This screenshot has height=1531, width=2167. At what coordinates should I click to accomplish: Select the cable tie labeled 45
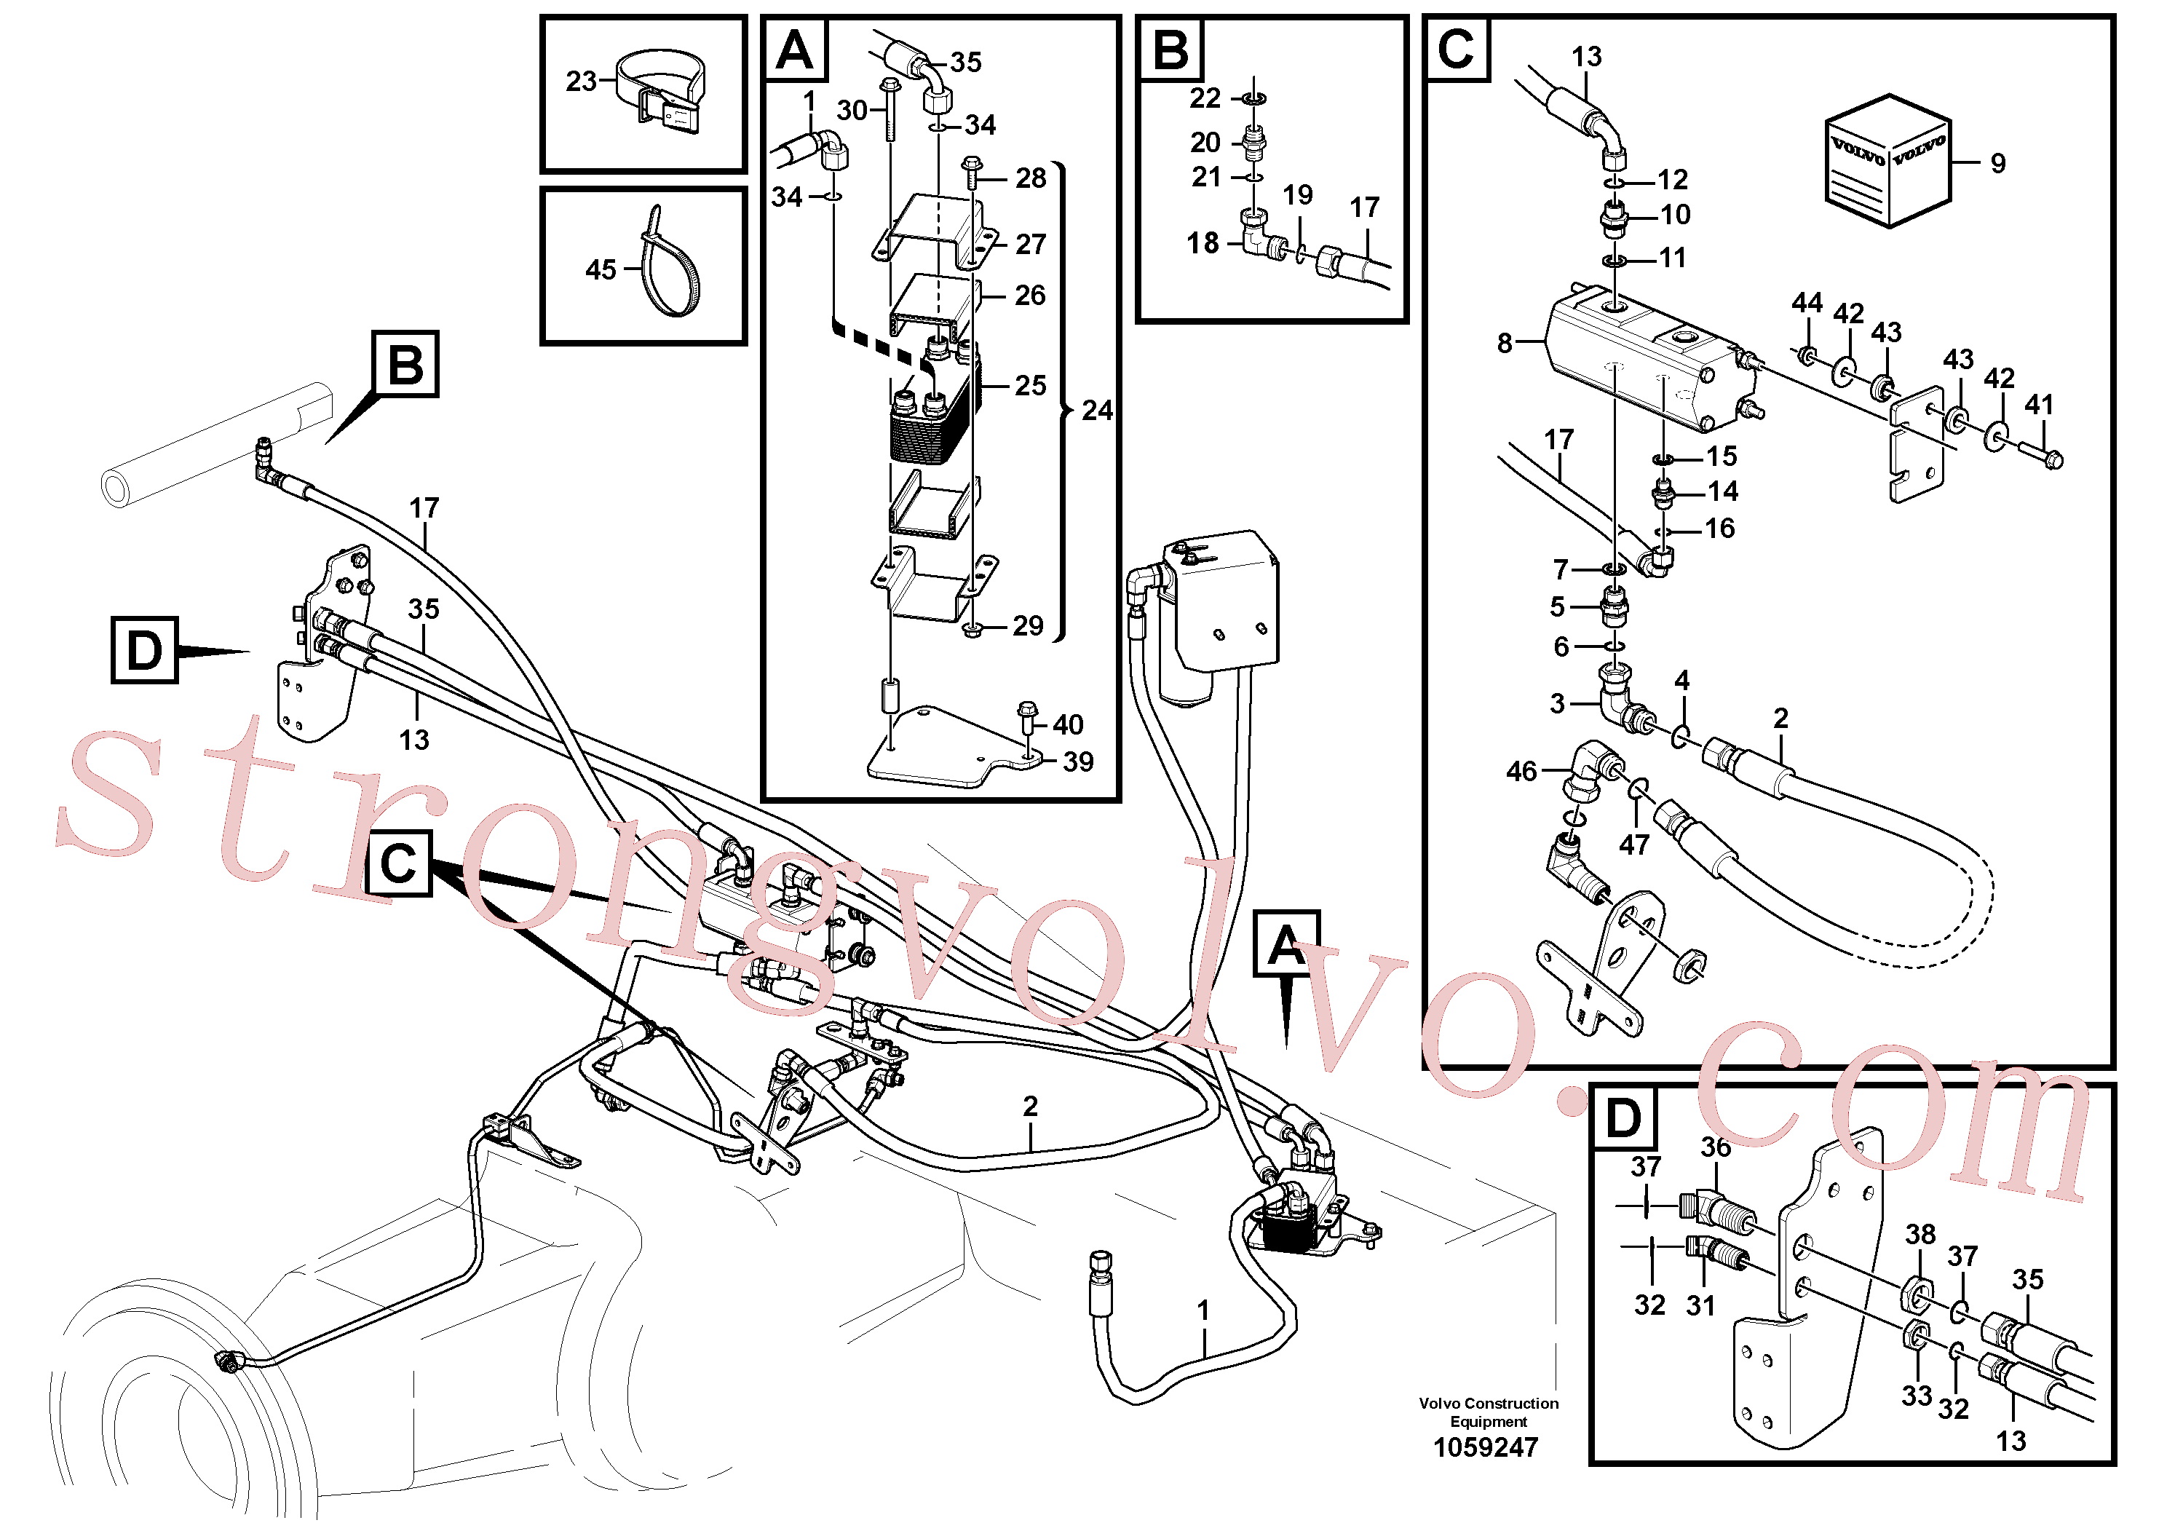[669, 264]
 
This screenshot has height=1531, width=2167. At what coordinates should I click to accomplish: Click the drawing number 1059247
[1486, 1447]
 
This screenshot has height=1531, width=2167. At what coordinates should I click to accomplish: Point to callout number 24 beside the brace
[1097, 411]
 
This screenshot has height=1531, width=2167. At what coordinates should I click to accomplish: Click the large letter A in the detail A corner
[795, 50]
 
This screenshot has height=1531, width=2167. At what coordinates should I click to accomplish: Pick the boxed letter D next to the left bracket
[144, 650]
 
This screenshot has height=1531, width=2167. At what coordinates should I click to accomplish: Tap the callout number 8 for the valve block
[1505, 344]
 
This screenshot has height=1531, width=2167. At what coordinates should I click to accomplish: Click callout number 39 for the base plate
[1078, 761]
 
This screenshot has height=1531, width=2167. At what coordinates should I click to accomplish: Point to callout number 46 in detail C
[1521, 771]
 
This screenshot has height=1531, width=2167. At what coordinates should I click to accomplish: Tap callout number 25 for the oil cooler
[1031, 385]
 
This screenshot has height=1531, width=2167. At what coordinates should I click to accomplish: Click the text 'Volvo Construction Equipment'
[1489, 1412]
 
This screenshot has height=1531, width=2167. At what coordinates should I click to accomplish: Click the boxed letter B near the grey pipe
[406, 363]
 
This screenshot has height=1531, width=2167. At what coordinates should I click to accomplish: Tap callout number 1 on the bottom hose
[1203, 1310]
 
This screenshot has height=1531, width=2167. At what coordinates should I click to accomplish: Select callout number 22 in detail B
[1205, 98]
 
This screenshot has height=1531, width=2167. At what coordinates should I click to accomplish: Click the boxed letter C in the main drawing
[398, 863]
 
